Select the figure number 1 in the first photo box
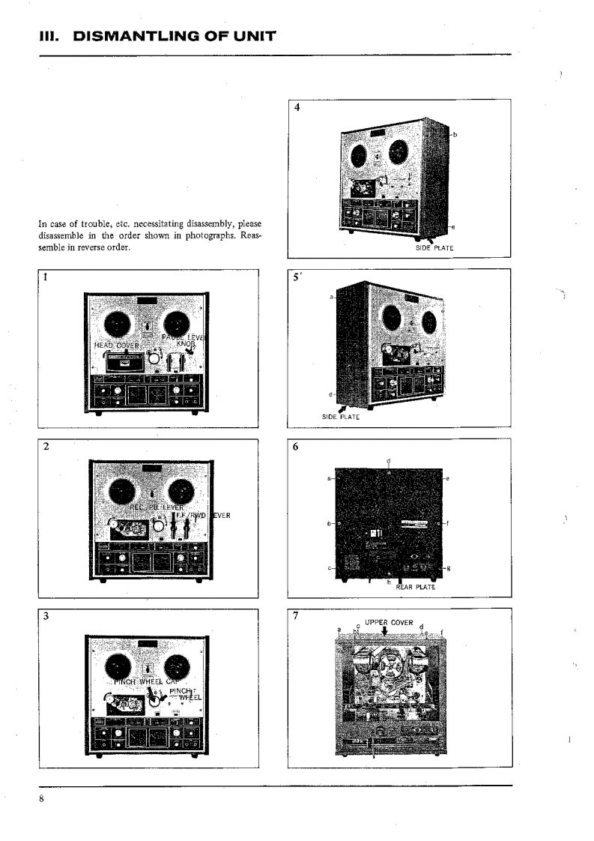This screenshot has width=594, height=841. [x=46, y=277]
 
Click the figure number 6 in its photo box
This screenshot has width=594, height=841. [x=297, y=446]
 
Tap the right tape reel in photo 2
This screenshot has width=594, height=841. [x=180, y=492]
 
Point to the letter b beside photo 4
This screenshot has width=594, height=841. [x=455, y=135]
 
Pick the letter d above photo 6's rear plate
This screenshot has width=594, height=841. [x=388, y=460]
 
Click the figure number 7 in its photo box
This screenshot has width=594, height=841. [x=297, y=616]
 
